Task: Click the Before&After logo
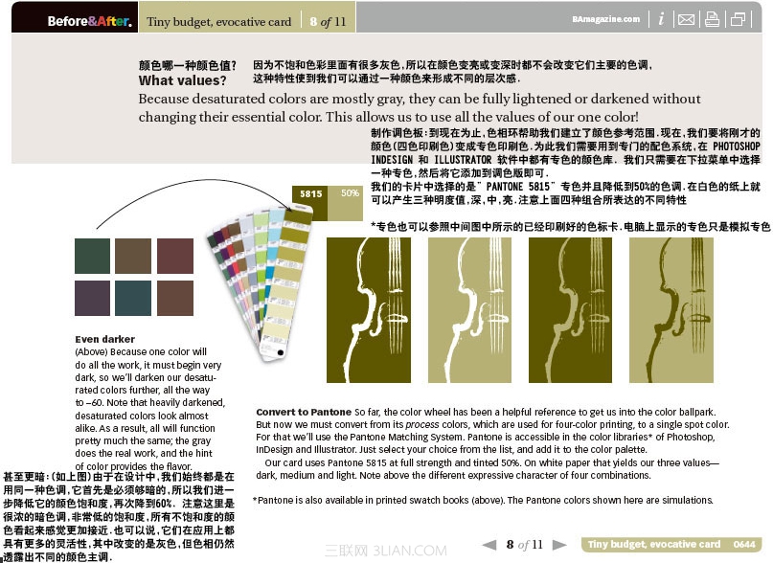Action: pyautogui.click(x=89, y=20)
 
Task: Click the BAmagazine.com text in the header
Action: pyautogui.click(x=605, y=18)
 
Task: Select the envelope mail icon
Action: pyautogui.click(x=686, y=19)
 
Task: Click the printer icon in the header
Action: pyautogui.click(x=712, y=19)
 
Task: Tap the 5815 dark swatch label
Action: pyautogui.click(x=310, y=193)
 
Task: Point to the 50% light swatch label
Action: pyautogui.click(x=350, y=193)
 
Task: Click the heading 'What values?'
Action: pyautogui.click(x=182, y=80)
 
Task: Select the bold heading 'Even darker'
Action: pyautogui.click(x=104, y=339)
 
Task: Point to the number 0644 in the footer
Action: pyautogui.click(x=744, y=544)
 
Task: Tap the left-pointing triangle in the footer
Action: pyautogui.click(x=489, y=544)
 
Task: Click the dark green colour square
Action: pyautogui.click(x=93, y=256)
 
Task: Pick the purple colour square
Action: pyautogui.click(x=93, y=298)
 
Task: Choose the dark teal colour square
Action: pyautogui.click(x=134, y=298)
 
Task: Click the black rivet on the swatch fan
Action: pyautogui.click(x=280, y=351)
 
